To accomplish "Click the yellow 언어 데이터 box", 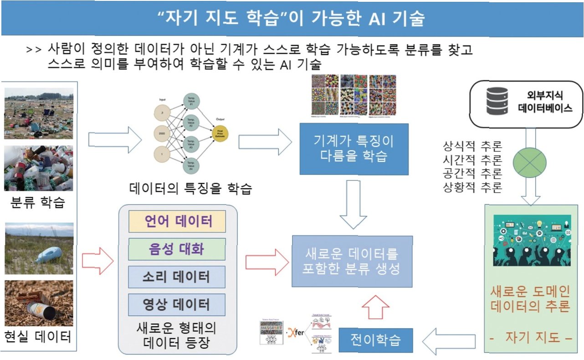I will (x=177, y=221).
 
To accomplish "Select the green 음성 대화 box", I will (x=177, y=249).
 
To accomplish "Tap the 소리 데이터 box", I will (x=177, y=277).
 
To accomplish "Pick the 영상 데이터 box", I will (x=177, y=304).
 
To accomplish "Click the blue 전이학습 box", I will (x=375, y=340).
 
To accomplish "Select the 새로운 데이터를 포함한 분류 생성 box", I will (x=352, y=261).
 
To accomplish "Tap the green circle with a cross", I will (x=530, y=162).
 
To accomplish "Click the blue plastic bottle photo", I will (x=39, y=248).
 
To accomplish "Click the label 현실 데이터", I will (x=38, y=337).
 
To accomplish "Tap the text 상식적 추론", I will (x=472, y=147).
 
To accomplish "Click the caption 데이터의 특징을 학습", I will (x=190, y=188).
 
